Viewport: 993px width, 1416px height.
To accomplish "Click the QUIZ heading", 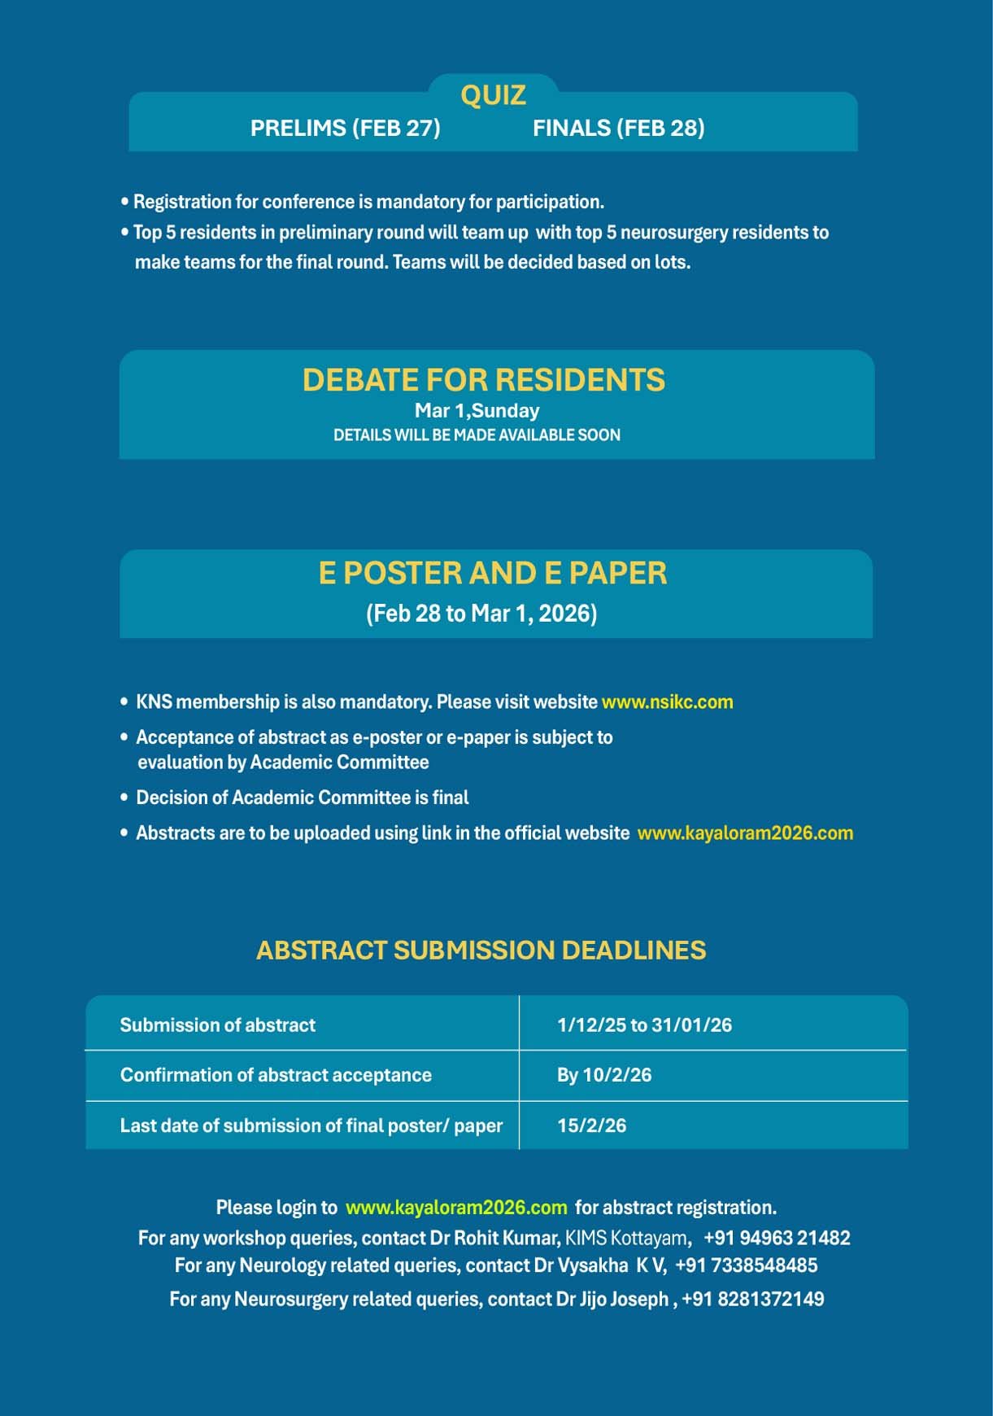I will (x=493, y=95).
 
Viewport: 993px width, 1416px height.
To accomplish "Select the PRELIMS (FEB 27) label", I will (x=345, y=128).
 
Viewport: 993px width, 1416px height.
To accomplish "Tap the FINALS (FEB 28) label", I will (x=618, y=128).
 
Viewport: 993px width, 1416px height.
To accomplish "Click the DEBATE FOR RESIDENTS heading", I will (x=484, y=380).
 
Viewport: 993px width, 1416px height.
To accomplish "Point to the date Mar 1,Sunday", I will (x=477, y=411).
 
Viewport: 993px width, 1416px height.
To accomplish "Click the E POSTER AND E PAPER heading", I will (x=493, y=573).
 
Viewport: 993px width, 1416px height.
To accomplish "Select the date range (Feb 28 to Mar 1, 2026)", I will (x=481, y=613).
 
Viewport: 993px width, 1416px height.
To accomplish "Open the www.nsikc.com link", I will (x=667, y=701).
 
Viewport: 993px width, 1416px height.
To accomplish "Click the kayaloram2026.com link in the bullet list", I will (x=745, y=833).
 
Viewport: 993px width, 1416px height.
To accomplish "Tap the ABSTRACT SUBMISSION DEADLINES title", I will (x=481, y=950).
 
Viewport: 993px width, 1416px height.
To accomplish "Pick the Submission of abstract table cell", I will (x=218, y=1025).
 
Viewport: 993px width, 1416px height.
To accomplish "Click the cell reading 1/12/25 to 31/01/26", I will (x=644, y=1025).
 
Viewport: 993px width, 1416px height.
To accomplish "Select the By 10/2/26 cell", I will (x=604, y=1075).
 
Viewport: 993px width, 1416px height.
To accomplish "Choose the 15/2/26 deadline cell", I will (x=591, y=1125).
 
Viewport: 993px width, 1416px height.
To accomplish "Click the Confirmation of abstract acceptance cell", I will (x=276, y=1075).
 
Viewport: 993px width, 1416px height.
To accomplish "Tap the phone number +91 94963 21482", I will (x=777, y=1238).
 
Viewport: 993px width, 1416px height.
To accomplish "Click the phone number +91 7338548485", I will (x=746, y=1265).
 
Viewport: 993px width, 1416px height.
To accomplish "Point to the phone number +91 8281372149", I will (x=752, y=1299).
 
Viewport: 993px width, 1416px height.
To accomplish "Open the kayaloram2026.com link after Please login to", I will (x=456, y=1207).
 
